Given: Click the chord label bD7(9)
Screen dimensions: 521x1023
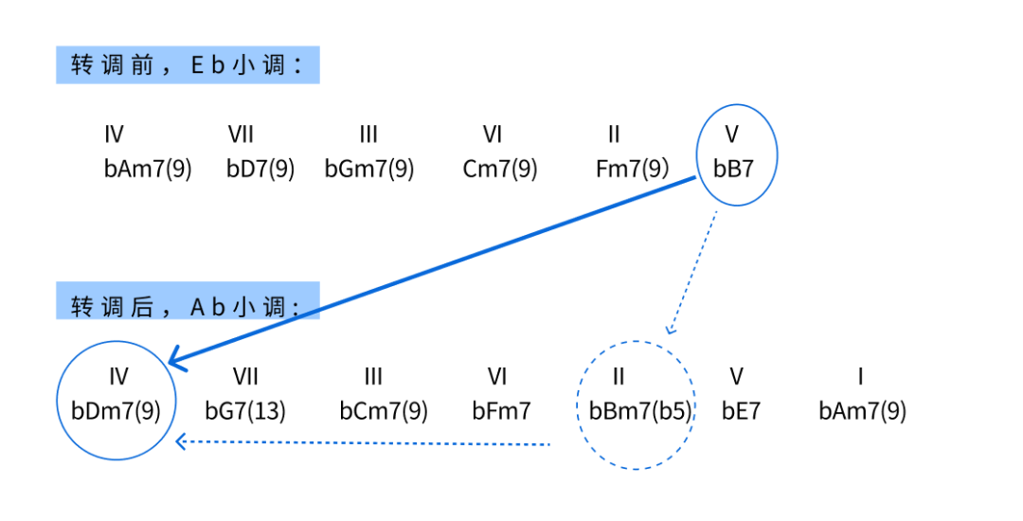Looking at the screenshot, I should (x=260, y=170).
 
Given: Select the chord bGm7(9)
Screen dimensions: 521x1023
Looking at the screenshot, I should (x=369, y=170).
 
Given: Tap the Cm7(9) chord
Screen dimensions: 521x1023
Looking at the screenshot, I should (x=500, y=170).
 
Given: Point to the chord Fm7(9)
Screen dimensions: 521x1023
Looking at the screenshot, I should (x=633, y=170).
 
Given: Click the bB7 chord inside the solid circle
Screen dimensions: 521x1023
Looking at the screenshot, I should (x=734, y=170).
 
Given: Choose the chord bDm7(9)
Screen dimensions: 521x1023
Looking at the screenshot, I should (x=117, y=411).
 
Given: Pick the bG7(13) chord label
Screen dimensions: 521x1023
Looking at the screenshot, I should (x=245, y=411).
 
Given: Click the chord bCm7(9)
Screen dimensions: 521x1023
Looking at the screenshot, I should (x=384, y=411).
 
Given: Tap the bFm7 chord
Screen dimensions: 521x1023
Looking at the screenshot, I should (x=502, y=411).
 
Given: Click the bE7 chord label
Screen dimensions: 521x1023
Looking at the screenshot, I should (x=741, y=411).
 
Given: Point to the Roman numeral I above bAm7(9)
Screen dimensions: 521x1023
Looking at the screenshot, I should (x=860, y=377).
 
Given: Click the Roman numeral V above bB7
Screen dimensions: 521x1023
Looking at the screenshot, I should (x=731, y=135).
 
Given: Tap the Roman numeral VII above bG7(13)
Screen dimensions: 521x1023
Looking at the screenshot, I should (x=245, y=377).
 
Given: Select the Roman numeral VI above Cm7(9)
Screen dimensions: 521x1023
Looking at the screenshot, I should (x=492, y=135).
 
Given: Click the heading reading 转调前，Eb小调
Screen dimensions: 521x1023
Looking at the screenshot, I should (x=188, y=65).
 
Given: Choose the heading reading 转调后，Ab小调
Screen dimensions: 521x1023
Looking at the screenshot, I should (x=188, y=305).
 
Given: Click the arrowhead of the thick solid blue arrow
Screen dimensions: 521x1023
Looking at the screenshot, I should (x=174, y=361).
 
